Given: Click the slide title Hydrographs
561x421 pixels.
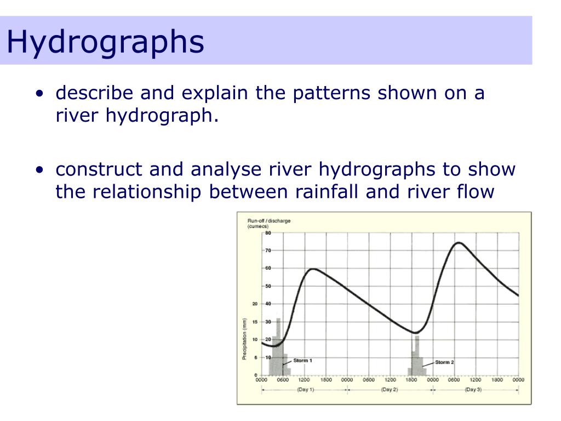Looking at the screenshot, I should [x=105, y=42].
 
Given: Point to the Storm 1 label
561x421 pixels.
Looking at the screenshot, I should [x=302, y=360].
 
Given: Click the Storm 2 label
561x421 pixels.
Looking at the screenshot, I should [x=444, y=362].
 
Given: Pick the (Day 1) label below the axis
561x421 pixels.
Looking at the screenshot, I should [x=305, y=390].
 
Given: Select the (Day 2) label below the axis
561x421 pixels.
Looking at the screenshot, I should [x=389, y=390].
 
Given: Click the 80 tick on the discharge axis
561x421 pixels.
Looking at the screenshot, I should [x=268, y=233].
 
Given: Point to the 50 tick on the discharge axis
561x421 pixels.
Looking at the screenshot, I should [x=268, y=286].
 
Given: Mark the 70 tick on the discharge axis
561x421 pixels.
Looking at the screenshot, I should [x=268, y=251].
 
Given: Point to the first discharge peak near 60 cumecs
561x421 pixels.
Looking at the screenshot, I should [x=313, y=269].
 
